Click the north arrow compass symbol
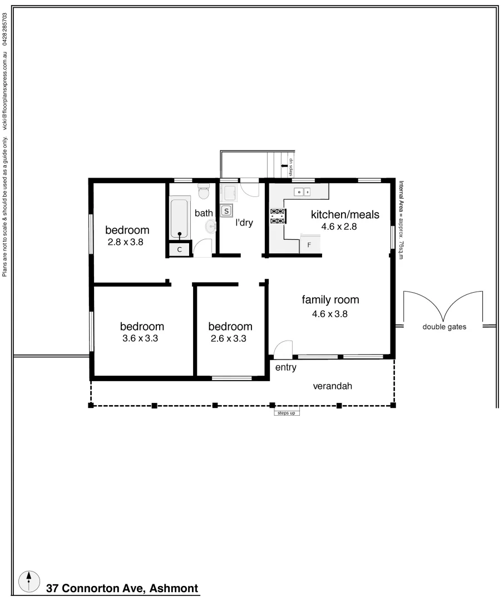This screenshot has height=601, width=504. click(29, 581)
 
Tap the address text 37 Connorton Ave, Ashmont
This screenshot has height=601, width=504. click(122, 588)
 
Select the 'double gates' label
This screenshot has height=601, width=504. click(444, 327)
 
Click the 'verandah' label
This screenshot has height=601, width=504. click(332, 386)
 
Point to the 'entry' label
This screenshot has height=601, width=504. click(286, 367)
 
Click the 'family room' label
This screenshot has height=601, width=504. click(330, 300)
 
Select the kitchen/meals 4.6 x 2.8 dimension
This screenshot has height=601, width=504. click(339, 226)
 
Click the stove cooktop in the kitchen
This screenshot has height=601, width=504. click(278, 216)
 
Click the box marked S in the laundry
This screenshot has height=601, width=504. click(227, 210)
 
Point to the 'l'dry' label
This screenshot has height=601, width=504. click(244, 223)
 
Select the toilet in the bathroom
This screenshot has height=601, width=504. click(203, 191)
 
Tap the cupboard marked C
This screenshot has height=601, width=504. click(180, 250)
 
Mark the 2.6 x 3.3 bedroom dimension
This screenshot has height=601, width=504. click(229, 338)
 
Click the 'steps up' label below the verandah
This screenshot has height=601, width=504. click(286, 413)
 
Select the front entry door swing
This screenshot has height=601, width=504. click(283, 348)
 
